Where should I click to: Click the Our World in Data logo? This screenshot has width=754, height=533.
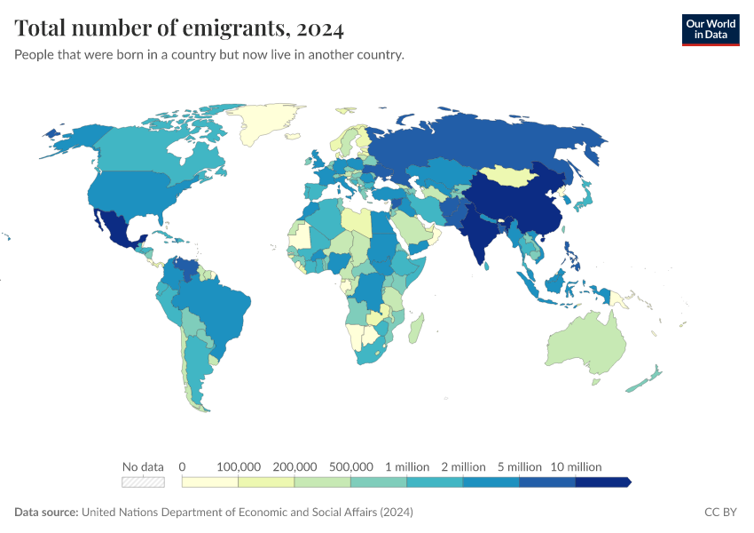click(x=710, y=29)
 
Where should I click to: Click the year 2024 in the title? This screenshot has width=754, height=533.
click(x=320, y=28)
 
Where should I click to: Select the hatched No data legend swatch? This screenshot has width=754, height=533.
click(x=144, y=482)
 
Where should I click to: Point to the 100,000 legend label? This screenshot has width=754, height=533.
click(x=239, y=466)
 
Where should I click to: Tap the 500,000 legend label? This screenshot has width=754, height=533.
click(x=351, y=466)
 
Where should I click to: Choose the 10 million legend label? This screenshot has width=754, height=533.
click(x=576, y=466)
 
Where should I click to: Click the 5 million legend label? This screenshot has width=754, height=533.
click(x=519, y=466)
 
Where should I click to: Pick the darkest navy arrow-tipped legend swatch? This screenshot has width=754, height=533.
click(x=603, y=482)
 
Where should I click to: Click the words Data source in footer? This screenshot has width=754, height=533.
click(x=46, y=513)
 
